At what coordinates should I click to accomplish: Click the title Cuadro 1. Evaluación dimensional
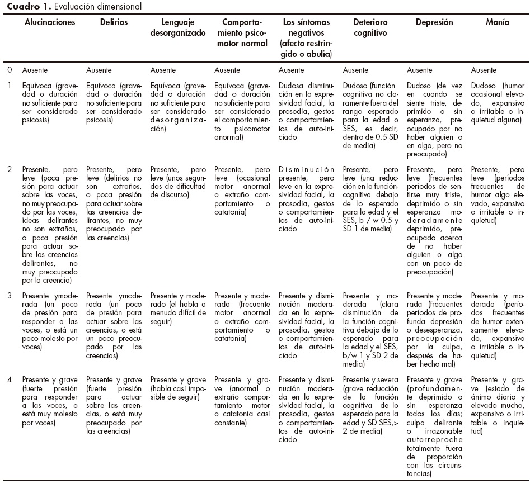(71, 7)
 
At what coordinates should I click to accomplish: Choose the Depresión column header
(434, 23)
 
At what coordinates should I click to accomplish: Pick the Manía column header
(498, 23)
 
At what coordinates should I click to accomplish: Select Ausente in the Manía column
(484, 70)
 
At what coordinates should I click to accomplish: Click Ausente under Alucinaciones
(35, 70)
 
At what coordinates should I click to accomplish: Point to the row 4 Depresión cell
(434, 428)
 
